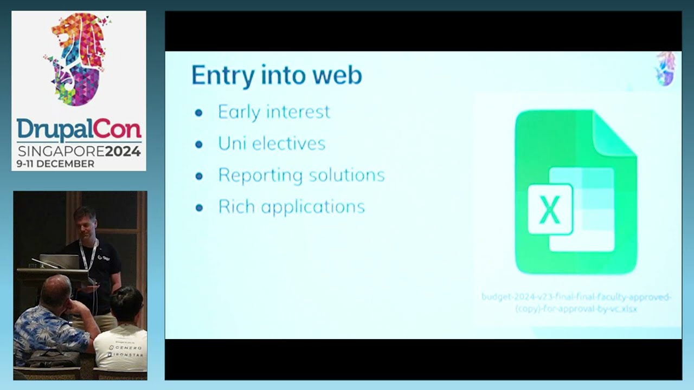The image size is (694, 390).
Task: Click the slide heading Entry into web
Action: tap(277, 75)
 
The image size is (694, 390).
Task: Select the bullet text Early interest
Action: tap(274, 112)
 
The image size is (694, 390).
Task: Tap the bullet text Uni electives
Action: tap(272, 144)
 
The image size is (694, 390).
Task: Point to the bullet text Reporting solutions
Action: tap(301, 175)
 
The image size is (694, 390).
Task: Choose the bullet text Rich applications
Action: tap(291, 207)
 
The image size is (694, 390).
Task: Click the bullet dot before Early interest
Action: tap(199, 113)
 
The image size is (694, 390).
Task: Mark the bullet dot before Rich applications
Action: tap(199, 207)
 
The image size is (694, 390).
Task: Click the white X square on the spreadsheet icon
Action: tap(550, 209)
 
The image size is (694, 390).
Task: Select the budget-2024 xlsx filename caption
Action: tap(576, 303)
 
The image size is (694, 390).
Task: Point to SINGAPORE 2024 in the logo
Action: tap(79, 151)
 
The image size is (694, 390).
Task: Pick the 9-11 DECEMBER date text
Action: tap(55, 164)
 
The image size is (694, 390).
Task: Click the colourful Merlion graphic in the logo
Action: tap(79, 58)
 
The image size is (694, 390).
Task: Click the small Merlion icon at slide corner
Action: tap(665, 69)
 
